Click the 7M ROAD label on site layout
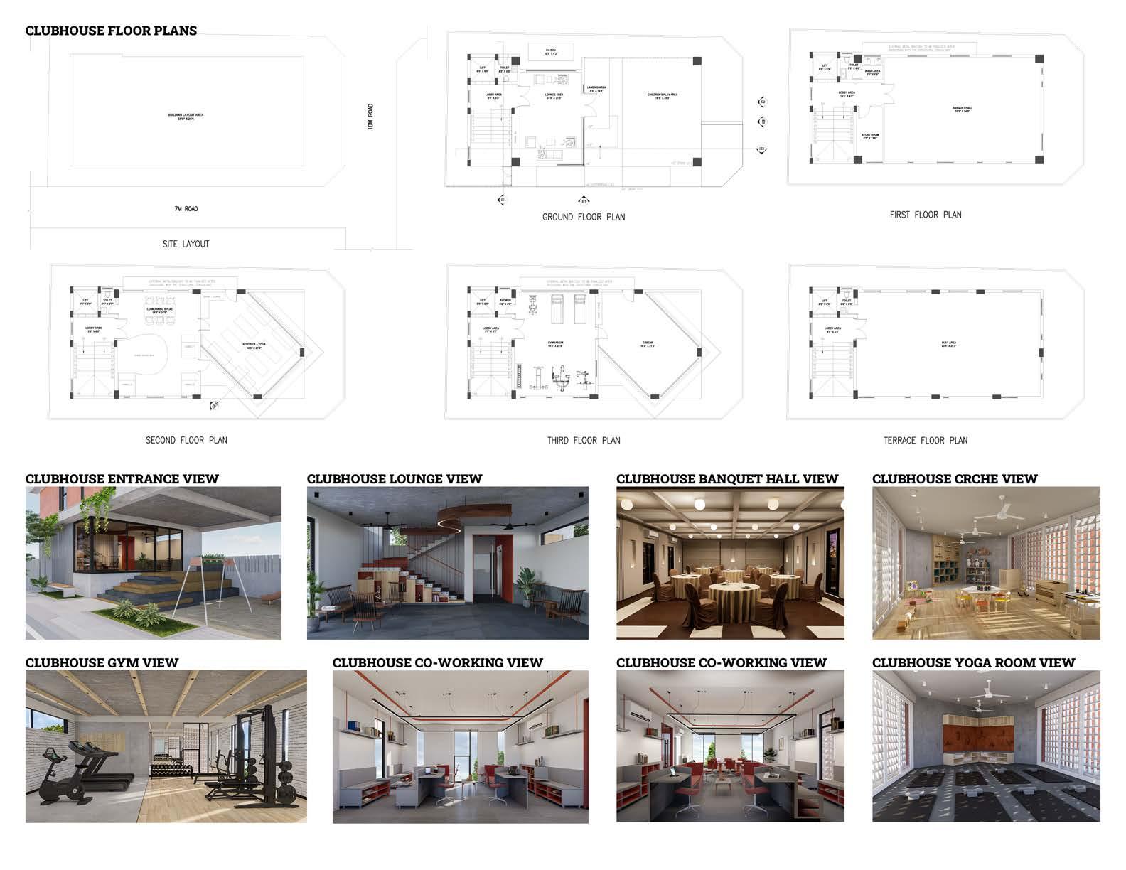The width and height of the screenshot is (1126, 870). [186, 209]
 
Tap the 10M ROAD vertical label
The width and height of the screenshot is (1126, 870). [370, 116]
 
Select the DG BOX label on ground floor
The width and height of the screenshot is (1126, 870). [551, 51]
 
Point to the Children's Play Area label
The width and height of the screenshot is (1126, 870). [662, 95]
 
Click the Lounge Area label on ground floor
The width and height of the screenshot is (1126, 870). [554, 95]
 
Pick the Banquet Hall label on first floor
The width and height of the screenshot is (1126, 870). [961, 109]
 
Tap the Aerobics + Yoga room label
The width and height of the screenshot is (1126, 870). [254, 346]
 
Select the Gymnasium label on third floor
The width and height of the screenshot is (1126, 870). [555, 343]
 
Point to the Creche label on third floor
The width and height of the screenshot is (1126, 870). [648, 345]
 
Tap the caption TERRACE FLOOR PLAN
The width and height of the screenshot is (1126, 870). [925, 441]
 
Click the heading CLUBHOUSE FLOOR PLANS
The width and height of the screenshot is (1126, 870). [111, 31]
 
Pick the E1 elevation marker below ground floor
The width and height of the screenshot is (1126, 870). [584, 200]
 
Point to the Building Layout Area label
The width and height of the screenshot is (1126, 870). [186, 116]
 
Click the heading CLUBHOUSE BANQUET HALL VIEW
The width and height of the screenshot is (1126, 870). [727, 479]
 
